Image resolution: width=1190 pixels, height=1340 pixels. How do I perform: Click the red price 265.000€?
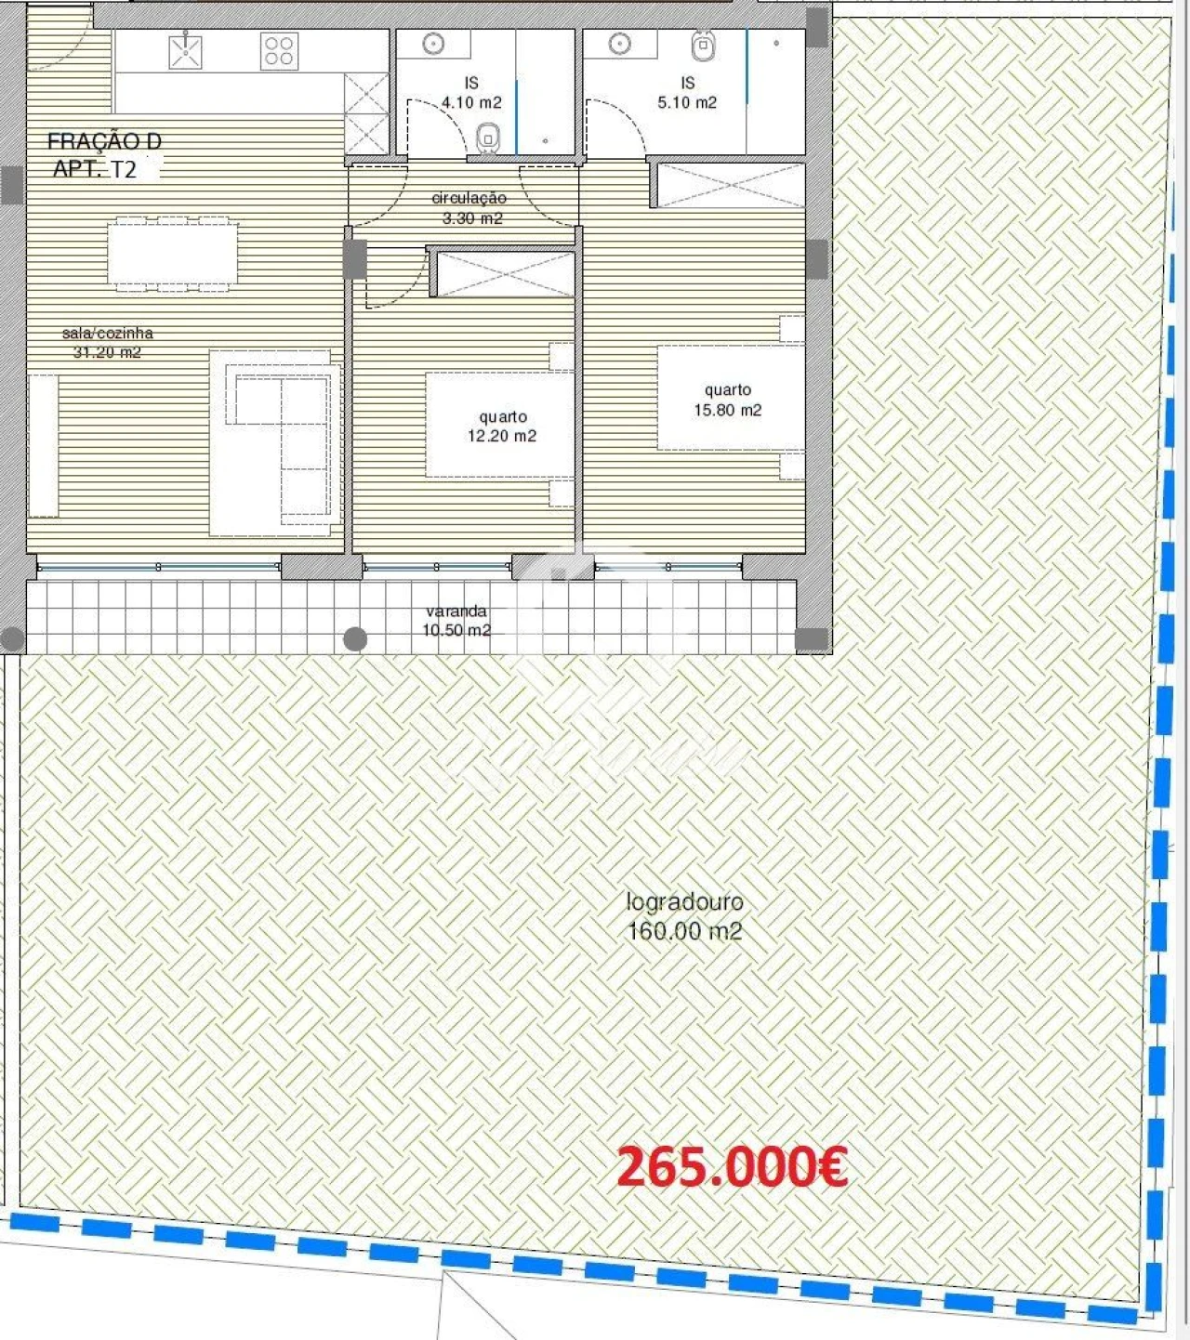[732, 1166]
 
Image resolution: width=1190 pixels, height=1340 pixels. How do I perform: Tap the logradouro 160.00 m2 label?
[684, 916]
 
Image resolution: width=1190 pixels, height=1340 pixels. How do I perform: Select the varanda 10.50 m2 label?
[456, 621]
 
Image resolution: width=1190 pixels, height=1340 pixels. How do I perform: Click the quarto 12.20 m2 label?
[502, 427]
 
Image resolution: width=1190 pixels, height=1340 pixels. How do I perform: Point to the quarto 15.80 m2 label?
[727, 401]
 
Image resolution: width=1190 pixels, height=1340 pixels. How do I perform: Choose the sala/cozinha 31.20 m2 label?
[107, 342]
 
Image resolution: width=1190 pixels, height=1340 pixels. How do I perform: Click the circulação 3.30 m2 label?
[469, 208]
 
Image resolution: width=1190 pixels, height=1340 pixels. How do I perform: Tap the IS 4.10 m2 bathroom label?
[471, 93]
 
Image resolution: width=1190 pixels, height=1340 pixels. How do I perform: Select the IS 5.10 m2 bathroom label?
[687, 93]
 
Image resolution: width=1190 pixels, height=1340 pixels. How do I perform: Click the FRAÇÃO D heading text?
[104, 141]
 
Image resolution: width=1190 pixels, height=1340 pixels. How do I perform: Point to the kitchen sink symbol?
[186, 51]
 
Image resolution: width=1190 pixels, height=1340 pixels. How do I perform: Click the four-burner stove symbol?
[279, 51]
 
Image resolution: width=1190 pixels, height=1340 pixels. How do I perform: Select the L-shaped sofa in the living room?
[279, 437]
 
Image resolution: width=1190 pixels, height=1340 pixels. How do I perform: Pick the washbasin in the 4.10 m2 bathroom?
[433, 45]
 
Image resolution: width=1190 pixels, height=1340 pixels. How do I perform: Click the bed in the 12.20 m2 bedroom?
[499, 426]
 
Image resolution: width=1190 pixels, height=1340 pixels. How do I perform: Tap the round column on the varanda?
[355, 638]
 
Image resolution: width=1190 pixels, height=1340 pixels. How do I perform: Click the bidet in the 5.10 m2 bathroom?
[704, 45]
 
